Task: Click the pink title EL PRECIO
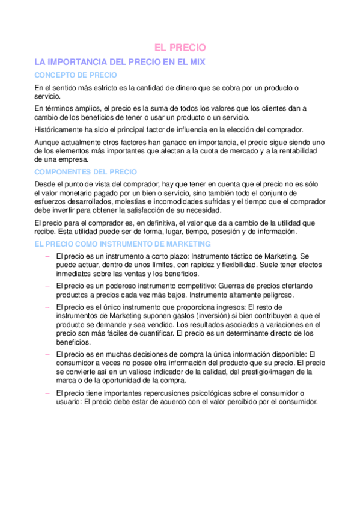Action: coord(180,47)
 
